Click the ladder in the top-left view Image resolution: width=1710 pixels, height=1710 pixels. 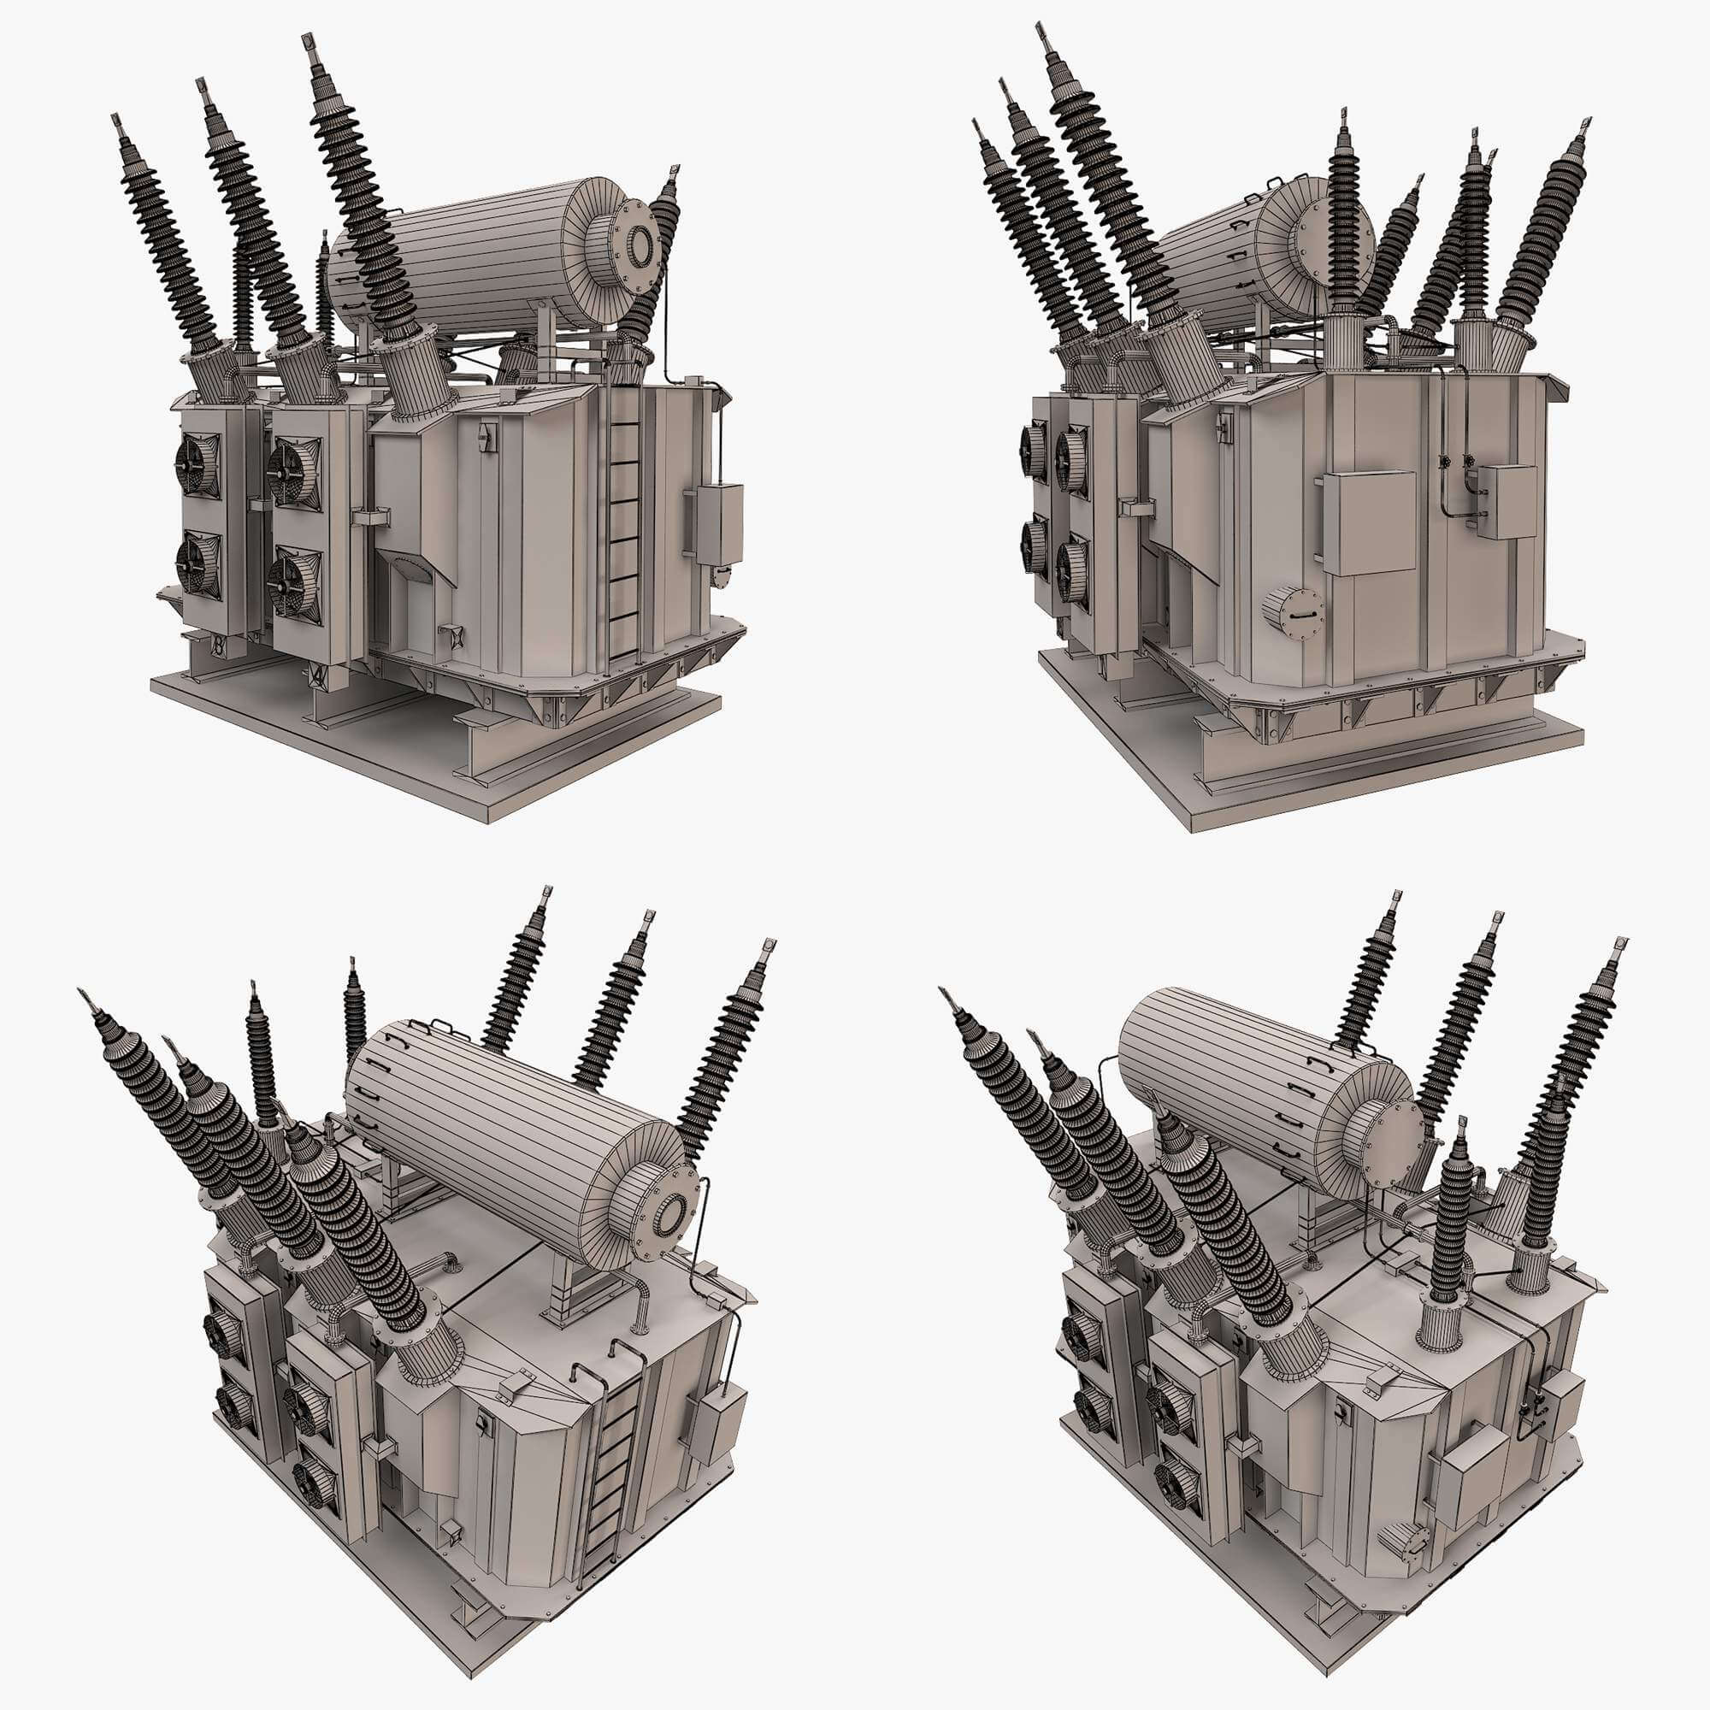pos(625,540)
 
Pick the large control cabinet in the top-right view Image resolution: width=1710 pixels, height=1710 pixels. pos(1368,522)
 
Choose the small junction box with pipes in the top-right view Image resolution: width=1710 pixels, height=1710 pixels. pos(1507,502)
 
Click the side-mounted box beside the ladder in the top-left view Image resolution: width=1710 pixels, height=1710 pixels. pos(719,523)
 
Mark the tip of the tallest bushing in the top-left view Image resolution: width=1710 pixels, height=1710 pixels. pos(309,42)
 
